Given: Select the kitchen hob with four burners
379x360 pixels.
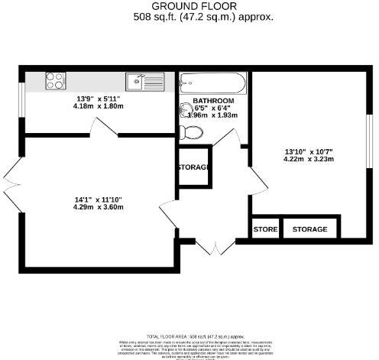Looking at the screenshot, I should click(x=56, y=78).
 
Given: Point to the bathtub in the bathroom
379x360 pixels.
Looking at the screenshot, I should click(x=212, y=81).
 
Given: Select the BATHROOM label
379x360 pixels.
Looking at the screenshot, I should click(x=213, y=101).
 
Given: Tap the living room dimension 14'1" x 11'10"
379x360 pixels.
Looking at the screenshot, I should click(x=97, y=199).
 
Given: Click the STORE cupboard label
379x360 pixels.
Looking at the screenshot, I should click(x=265, y=229).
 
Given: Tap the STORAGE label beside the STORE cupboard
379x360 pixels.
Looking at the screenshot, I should click(x=309, y=229).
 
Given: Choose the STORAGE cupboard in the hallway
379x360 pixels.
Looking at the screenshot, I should click(x=193, y=167).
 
